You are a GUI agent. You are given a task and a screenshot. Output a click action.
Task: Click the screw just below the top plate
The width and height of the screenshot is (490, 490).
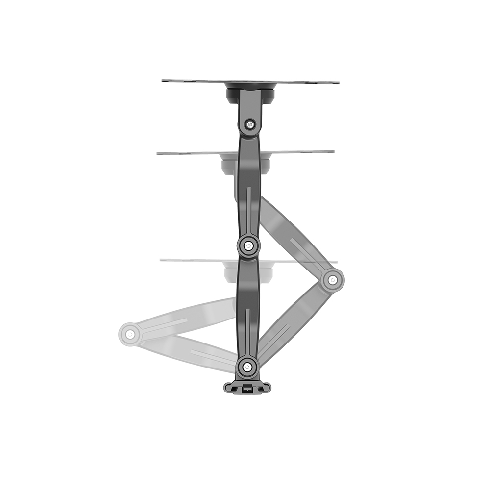(250, 124)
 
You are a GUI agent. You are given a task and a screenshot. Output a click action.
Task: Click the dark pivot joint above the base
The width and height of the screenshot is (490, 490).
(247, 366)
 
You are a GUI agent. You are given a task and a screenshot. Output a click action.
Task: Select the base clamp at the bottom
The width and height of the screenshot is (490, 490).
(247, 387)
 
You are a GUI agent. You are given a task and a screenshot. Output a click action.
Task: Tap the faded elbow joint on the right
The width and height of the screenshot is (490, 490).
(333, 280)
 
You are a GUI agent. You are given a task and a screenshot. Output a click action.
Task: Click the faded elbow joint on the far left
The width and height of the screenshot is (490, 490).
(130, 334)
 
